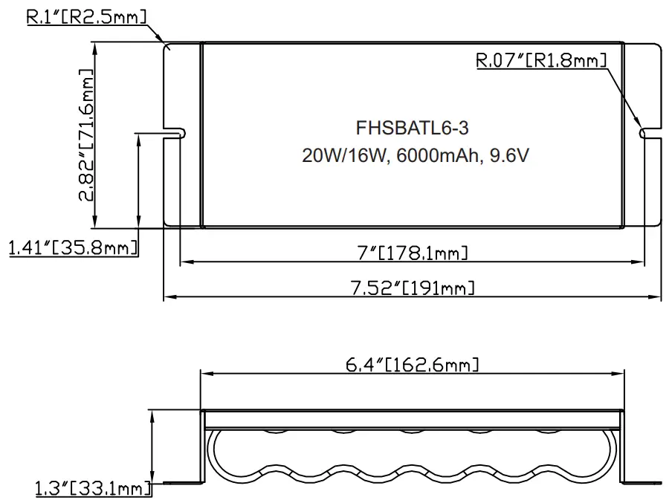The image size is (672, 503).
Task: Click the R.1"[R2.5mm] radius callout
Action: click(86, 17)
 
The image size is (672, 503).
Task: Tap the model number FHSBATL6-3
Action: click(413, 129)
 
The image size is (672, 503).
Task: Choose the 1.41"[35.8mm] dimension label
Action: click(73, 247)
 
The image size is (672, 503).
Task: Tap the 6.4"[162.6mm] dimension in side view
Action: click(412, 365)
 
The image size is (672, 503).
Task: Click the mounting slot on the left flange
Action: click(177, 133)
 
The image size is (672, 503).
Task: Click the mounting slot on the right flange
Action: click(648, 133)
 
